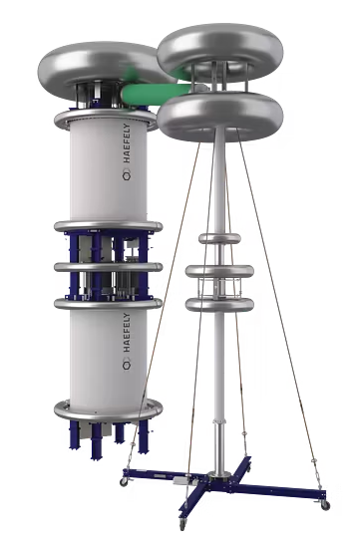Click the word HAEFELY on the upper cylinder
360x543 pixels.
pyautogui.click(x=127, y=143)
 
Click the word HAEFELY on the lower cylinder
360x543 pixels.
pyautogui.click(x=127, y=333)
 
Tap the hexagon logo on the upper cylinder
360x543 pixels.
pyautogui.click(x=127, y=176)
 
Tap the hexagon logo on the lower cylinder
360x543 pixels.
pyautogui.click(x=127, y=366)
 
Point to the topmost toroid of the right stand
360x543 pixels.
pyautogui.click(x=220, y=49)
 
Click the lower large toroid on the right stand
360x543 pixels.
pyautogui.click(x=220, y=116)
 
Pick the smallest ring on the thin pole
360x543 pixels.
pyautogui.click(x=219, y=238)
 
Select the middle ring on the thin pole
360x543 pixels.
pyautogui.click(x=219, y=271)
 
